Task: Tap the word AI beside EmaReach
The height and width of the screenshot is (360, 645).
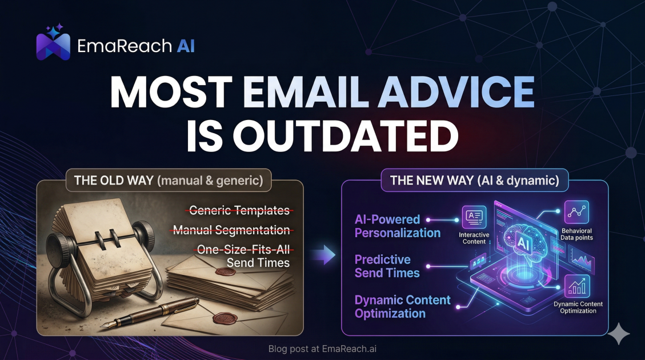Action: point(185,46)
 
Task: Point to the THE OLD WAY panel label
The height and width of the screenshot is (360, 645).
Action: point(169,181)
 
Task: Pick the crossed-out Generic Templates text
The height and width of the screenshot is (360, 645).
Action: point(239,210)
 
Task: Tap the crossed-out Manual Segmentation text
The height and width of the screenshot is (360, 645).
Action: point(231,230)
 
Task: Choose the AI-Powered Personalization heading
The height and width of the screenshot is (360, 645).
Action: point(398,226)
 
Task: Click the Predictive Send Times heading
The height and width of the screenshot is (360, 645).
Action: point(387,266)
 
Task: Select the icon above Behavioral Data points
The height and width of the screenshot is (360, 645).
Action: point(576,213)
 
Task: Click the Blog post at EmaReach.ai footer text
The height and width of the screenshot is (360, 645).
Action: point(322,349)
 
